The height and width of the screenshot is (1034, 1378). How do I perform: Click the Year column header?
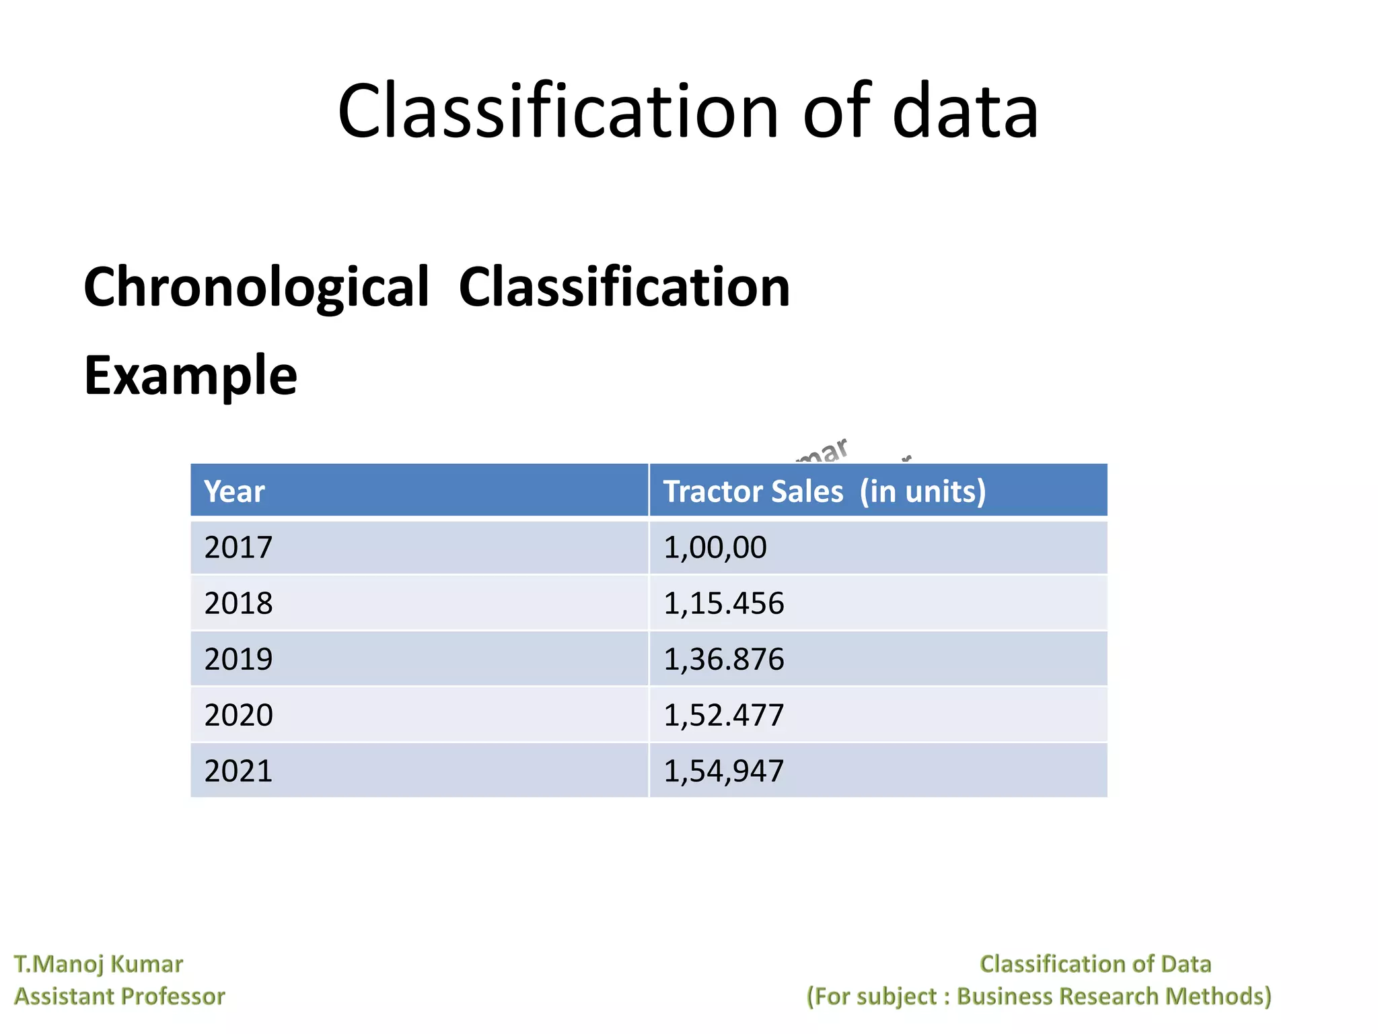(x=234, y=491)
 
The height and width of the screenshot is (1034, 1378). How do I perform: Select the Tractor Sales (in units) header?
(x=824, y=491)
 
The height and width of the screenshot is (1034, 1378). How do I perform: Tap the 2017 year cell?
(x=238, y=547)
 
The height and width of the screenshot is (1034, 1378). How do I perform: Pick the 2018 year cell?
(x=238, y=603)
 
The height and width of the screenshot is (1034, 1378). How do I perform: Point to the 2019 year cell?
(x=238, y=659)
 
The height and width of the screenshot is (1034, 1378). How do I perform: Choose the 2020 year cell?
(x=238, y=715)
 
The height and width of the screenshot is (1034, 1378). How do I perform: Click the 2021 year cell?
(x=238, y=771)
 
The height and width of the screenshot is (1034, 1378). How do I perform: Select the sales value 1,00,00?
(x=715, y=547)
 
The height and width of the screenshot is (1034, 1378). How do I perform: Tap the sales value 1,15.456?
(x=723, y=603)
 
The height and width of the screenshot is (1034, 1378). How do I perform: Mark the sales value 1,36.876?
(x=723, y=659)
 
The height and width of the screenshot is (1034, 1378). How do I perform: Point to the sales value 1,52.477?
(x=723, y=715)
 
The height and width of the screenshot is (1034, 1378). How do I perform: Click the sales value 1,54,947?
(x=723, y=771)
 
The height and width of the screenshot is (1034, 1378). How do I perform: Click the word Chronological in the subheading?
(x=256, y=287)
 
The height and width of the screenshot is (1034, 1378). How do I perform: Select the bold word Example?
(x=190, y=376)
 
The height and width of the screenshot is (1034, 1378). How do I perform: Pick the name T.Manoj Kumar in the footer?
(x=98, y=964)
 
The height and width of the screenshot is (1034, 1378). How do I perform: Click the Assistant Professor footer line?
(x=120, y=996)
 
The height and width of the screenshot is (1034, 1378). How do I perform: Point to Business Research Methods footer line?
(x=1039, y=996)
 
